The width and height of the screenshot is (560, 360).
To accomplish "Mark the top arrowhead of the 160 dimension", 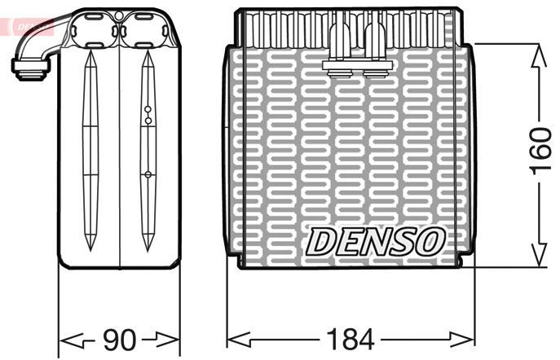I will click(539, 51).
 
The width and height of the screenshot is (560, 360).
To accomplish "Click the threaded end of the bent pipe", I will click(24, 71).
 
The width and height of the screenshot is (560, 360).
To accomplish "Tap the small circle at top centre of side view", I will click(119, 15).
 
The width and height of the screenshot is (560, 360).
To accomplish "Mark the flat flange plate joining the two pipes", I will click(356, 63).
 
